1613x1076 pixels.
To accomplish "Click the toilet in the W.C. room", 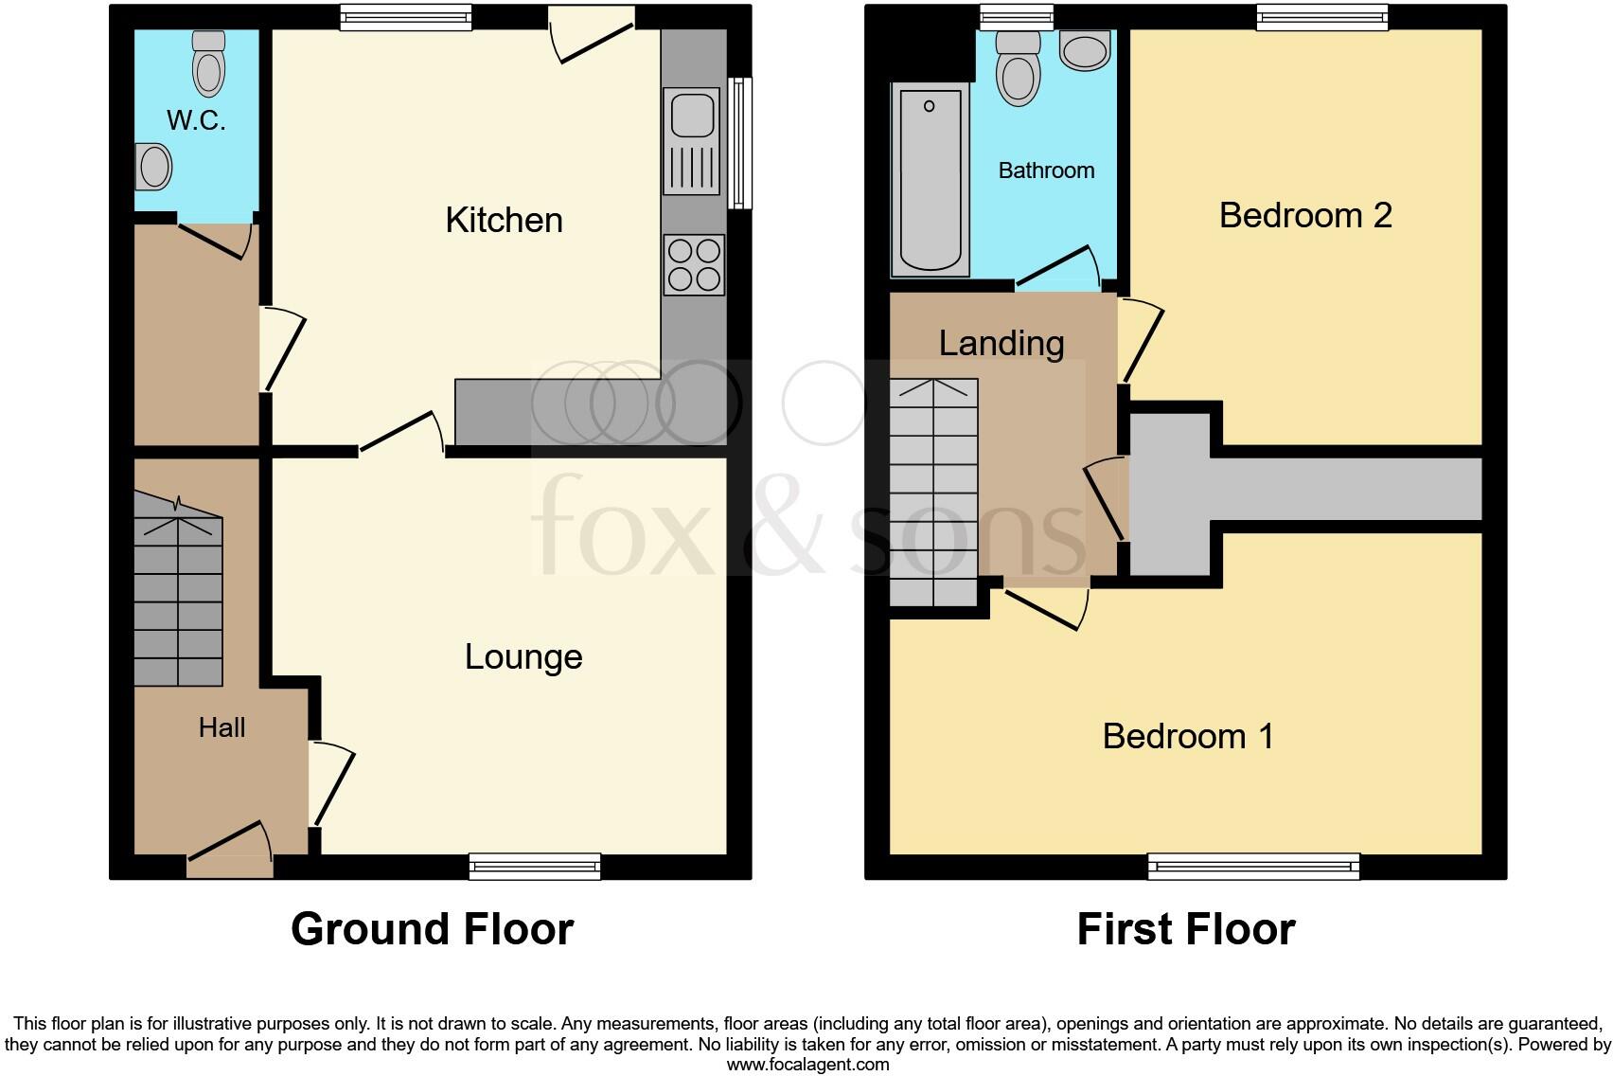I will pos(208,64).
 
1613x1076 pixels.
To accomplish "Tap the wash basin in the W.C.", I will pos(154,168).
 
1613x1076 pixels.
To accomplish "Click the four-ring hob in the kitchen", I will pos(694,264).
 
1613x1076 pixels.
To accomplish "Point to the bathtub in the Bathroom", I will pos(930,179).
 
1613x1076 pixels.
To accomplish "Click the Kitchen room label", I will pos(504,221).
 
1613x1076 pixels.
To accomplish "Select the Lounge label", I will pos(523,657).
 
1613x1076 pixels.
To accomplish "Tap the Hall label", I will pos(222,727).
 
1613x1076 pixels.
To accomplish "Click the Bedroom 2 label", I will pos(1305,216).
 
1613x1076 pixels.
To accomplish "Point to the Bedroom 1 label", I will pos(1188,736).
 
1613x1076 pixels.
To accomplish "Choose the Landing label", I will pos(1001,343).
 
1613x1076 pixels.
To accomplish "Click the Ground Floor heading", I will pos(432,929).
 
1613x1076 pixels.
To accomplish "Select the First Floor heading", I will pos(1186,929).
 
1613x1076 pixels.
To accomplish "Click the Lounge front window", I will pos(535,865).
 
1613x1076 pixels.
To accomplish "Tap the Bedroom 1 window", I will pos(1253,865).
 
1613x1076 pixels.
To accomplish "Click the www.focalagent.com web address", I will pos(807,1065).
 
